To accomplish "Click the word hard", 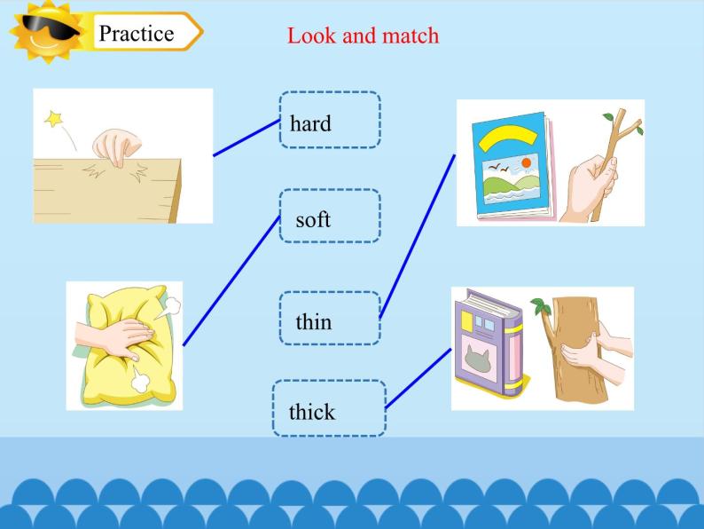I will (x=310, y=123).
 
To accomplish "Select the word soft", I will (x=313, y=219).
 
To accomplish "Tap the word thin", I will (x=314, y=321).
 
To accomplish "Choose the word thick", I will (x=312, y=412).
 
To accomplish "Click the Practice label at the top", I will (x=136, y=34).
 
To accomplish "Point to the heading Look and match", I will (x=363, y=36).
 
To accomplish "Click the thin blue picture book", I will (x=510, y=166).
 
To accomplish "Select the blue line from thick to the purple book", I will (x=418, y=378).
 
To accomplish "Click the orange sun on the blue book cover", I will (x=527, y=163).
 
